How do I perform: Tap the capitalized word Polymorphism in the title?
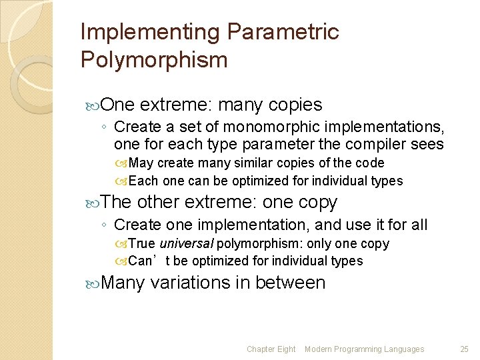(x=154, y=60)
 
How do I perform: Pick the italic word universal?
(x=187, y=244)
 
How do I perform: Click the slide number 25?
(x=464, y=349)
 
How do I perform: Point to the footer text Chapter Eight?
(x=271, y=349)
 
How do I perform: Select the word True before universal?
(x=142, y=244)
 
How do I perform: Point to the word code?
(x=370, y=163)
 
